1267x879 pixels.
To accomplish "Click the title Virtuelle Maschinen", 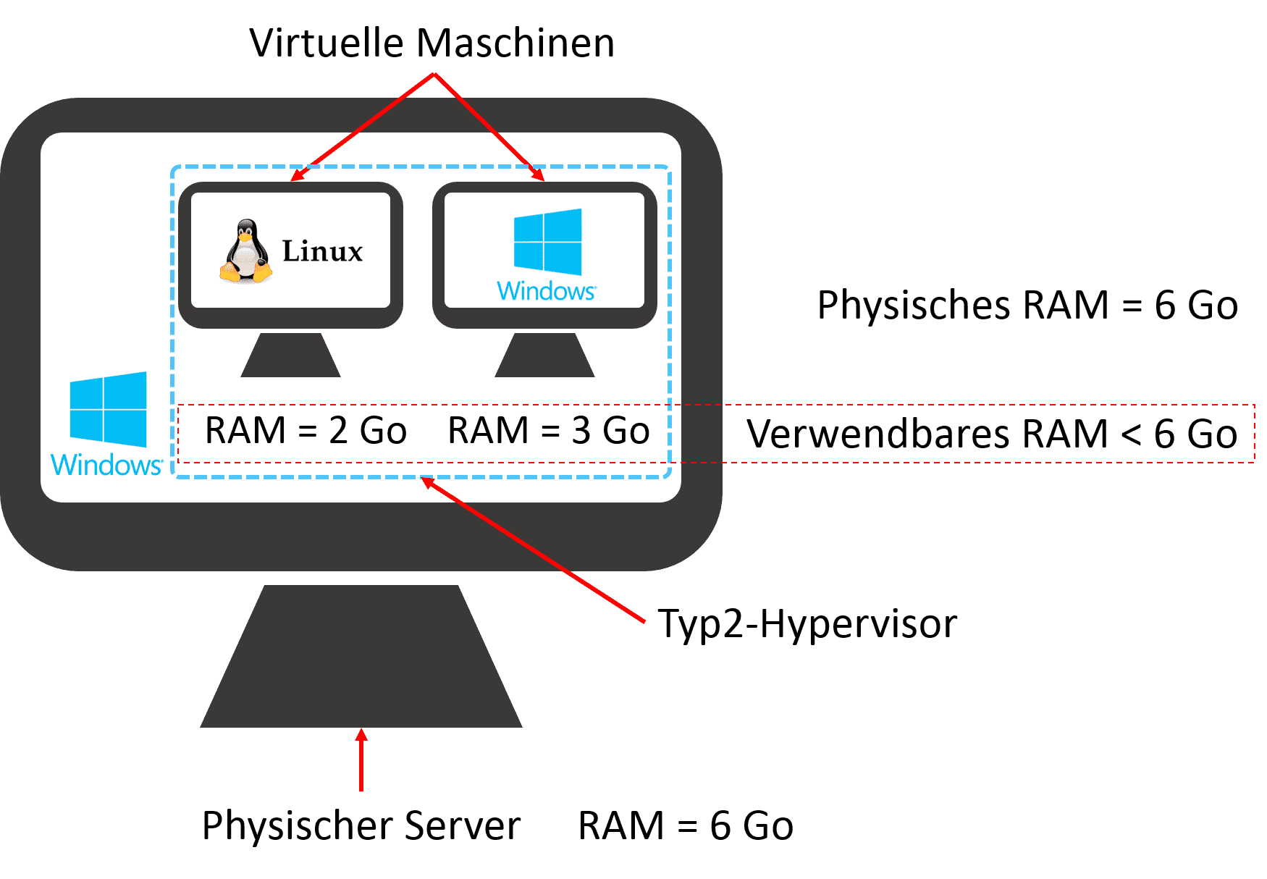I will click(432, 43).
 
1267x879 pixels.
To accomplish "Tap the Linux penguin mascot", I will click(246, 251).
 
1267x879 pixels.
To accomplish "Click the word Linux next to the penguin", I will click(322, 251).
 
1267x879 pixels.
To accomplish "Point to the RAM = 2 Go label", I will click(306, 431).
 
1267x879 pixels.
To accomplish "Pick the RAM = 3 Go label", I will click(549, 431).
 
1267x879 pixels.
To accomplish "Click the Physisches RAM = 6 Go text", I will click(1027, 305).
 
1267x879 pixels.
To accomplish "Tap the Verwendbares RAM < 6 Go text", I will click(992, 434).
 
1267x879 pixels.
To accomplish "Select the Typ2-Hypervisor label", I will click(807, 623).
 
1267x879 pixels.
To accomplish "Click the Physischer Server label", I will click(361, 825).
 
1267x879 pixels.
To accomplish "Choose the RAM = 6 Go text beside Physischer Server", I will click(686, 825).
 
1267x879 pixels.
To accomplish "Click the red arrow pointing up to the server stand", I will click(361, 760).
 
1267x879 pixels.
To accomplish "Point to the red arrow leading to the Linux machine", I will click(362, 127).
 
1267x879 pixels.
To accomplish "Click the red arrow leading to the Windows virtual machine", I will click(489, 127).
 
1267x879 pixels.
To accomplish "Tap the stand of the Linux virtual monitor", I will click(290, 356).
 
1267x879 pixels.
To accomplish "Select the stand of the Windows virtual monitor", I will click(544, 356).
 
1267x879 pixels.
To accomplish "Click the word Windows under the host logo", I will click(106, 465).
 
